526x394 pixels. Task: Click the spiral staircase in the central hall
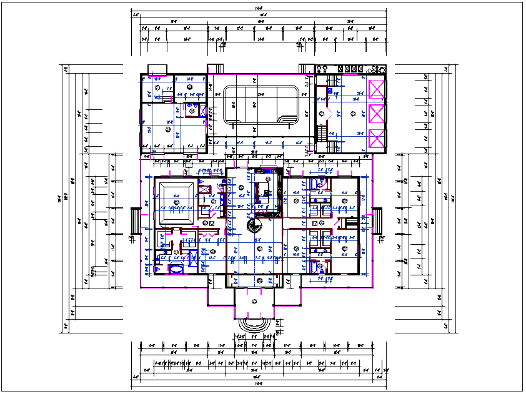(x=255, y=225)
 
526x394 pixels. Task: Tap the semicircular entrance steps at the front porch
(x=255, y=325)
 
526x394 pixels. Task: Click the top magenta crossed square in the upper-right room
(x=377, y=89)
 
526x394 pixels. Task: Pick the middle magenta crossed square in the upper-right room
(x=377, y=114)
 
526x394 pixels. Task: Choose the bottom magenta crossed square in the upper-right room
(x=377, y=139)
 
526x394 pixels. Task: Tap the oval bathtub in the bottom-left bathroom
(x=176, y=269)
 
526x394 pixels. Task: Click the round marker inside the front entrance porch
(x=254, y=301)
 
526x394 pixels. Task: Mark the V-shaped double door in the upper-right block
(x=322, y=115)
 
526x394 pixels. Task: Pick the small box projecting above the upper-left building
(x=156, y=69)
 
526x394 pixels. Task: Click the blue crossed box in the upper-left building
(x=202, y=109)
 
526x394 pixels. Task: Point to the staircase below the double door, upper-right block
(x=322, y=133)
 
